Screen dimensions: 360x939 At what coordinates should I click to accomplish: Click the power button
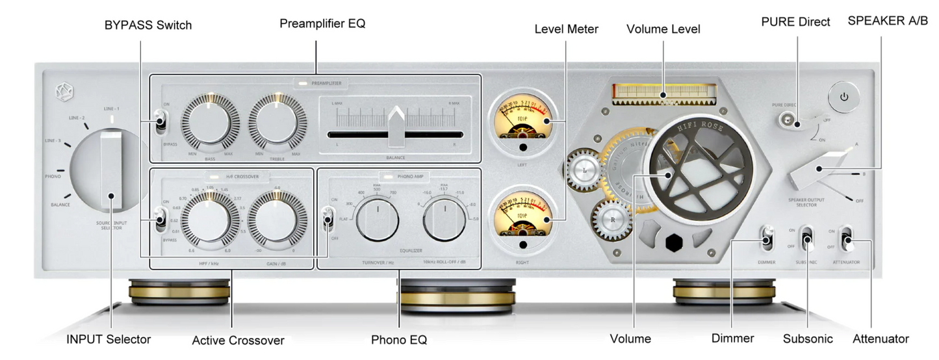pos(843,97)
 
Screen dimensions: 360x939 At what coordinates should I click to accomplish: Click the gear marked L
pos(585,170)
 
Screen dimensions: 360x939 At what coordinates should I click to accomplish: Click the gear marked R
pos(611,220)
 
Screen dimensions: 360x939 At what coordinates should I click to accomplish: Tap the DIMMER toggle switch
pos(767,238)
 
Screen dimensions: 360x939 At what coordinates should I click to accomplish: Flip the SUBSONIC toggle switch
pos(807,239)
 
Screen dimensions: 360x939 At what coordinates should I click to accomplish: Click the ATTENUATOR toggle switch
pos(847,239)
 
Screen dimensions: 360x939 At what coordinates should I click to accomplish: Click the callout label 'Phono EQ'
pos(399,339)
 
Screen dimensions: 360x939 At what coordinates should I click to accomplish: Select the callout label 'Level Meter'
pos(566,29)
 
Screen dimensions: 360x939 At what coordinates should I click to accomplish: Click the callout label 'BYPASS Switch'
pos(148,25)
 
